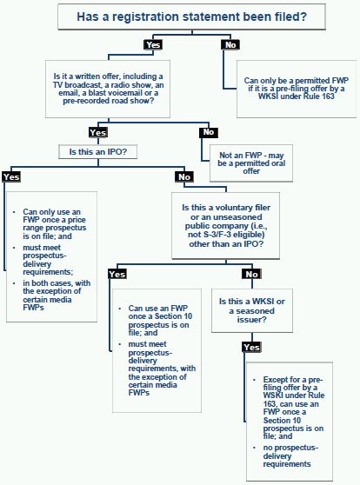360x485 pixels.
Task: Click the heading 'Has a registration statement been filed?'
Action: (x=191, y=17)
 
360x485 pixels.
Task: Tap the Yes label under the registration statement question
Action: (x=153, y=45)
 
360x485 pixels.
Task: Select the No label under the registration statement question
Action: (x=230, y=45)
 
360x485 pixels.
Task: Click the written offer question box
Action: (x=108, y=89)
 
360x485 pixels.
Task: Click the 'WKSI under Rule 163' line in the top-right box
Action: (x=297, y=96)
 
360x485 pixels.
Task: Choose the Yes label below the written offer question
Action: (x=97, y=132)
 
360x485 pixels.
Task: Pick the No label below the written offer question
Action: (x=209, y=132)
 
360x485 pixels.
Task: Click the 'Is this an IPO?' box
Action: (x=97, y=152)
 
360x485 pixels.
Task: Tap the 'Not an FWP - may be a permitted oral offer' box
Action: (x=251, y=163)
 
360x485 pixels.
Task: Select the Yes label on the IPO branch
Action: (x=11, y=177)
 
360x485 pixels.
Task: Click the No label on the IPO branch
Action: (x=184, y=177)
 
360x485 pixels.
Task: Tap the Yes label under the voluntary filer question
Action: (x=117, y=274)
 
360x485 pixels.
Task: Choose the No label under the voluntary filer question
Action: (x=251, y=274)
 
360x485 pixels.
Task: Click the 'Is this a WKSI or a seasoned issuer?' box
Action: (x=252, y=310)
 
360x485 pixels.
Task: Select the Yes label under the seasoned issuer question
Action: (x=251, y=347)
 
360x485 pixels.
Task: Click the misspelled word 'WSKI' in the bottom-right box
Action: (x=274, y=395)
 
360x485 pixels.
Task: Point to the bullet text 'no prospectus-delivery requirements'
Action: (x=290, y=456)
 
